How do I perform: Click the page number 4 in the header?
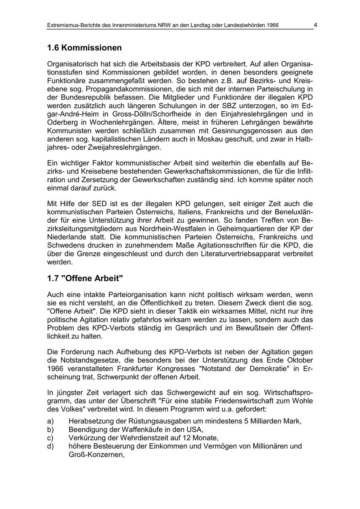[x=315, y=25]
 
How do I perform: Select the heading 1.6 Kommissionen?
[x=84, y=48]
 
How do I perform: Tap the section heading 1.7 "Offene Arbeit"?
[x=85, y=278]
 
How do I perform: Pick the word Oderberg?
[x=62, y=122]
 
